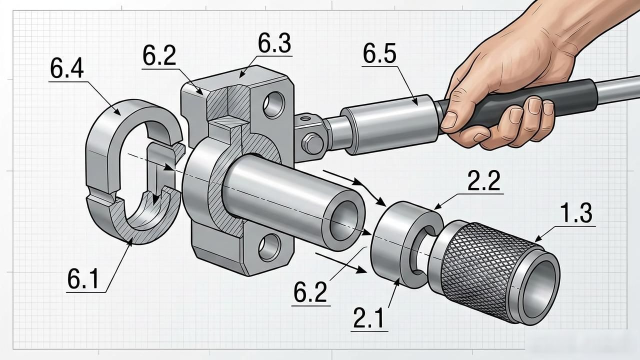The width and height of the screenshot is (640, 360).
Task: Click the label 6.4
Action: (x=67, y=68)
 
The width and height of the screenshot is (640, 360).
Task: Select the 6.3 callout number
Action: (x=274, y=43)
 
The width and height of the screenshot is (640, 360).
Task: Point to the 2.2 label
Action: (x=483, y=180)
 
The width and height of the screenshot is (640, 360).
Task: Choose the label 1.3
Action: (x=575, y=213)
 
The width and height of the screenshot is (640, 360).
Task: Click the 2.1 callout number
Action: (x=368, y=318)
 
